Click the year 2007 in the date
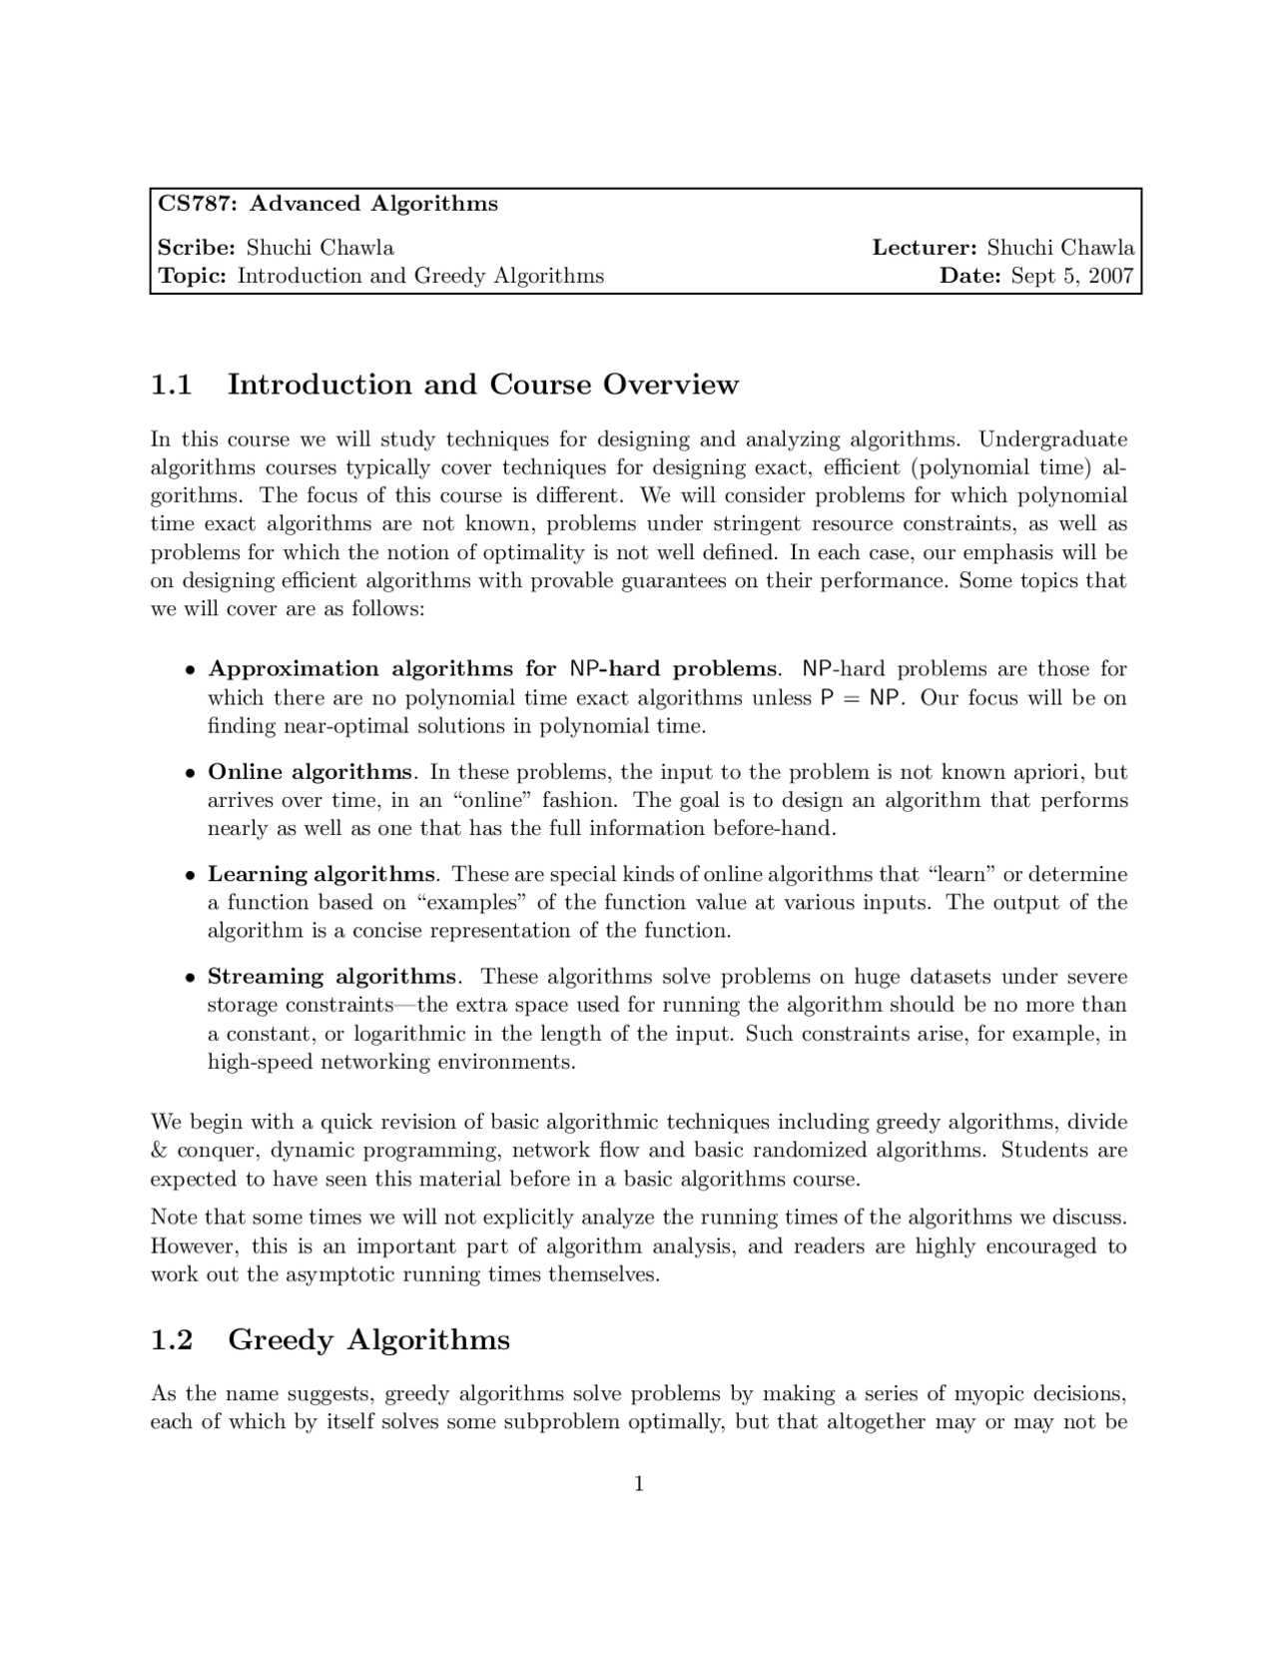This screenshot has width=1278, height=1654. (1111, 276)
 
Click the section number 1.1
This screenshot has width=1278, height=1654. (171, 385)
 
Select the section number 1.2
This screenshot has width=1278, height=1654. (171, 1339)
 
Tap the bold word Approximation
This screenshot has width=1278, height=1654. (294, 668)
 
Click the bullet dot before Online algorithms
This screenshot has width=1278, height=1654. (189, 773)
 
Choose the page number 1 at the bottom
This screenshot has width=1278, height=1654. (639, 1484)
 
